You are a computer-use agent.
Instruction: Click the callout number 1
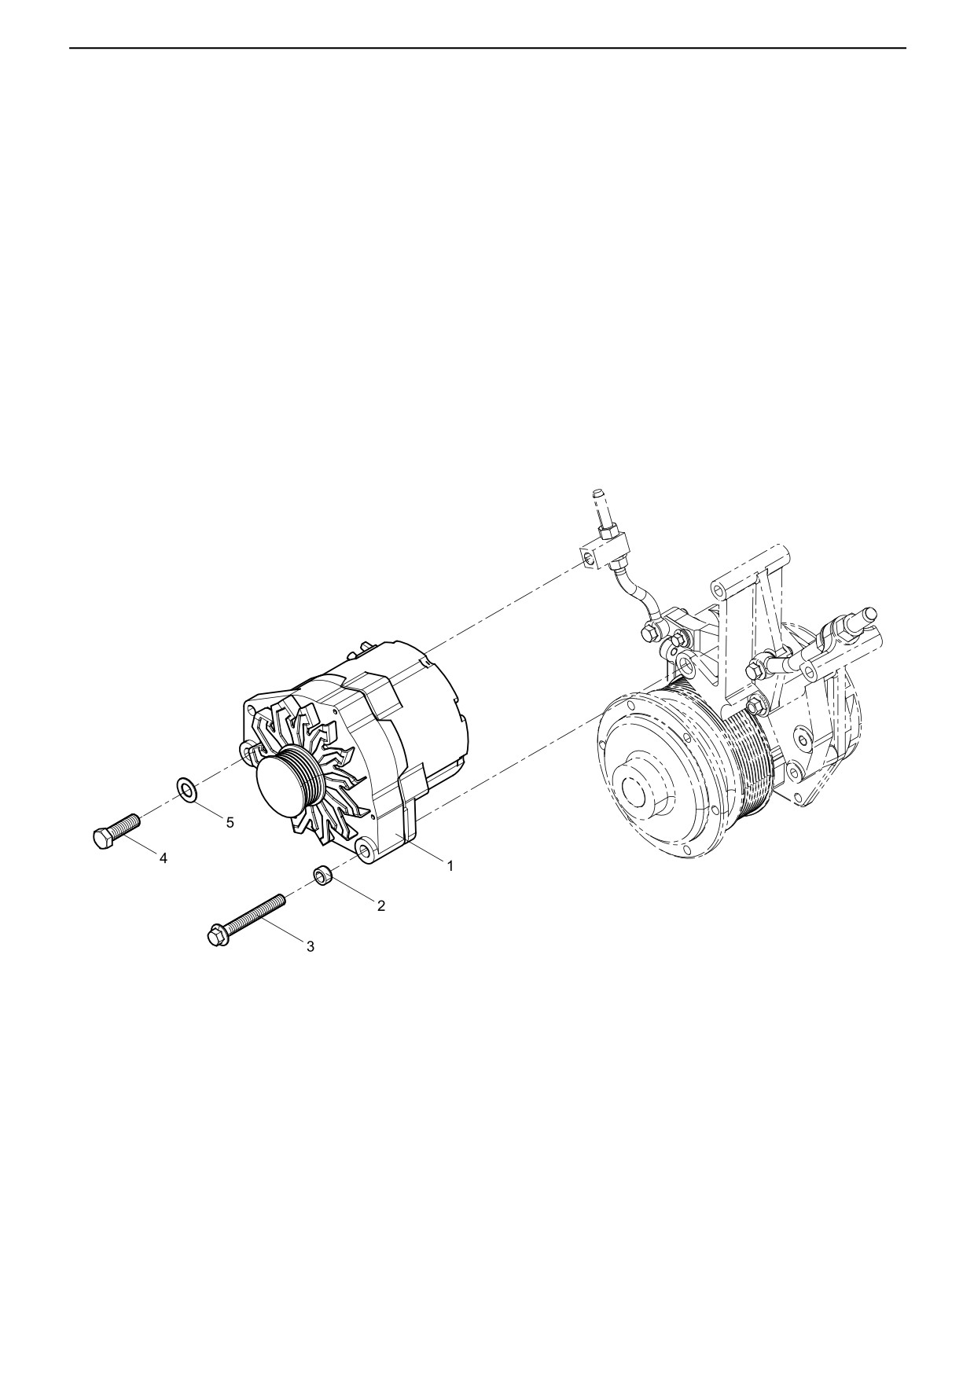pyautogui.click(x=450, y=865)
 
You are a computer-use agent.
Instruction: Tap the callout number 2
pyautogui.click(x=381, y=905)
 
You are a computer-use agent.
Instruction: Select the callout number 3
pyautogui.click(x=311, y=947)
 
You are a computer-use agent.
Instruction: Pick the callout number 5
pyautogui.click(x=230, y=823)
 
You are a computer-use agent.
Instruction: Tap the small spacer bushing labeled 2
pyautogui.click(x=323, y=875)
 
